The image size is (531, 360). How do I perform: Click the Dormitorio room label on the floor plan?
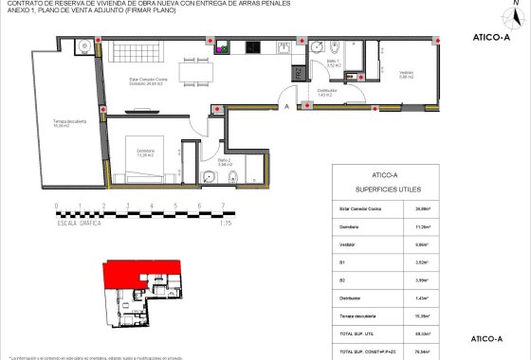(144, 151)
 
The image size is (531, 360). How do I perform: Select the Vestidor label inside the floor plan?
(406, 74)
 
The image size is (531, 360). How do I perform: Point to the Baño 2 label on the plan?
(224, 161)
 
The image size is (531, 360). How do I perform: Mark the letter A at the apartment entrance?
(287, 106)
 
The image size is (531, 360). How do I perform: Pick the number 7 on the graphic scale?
(222, 206)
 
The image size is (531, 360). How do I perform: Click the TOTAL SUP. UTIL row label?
(356, 333)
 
